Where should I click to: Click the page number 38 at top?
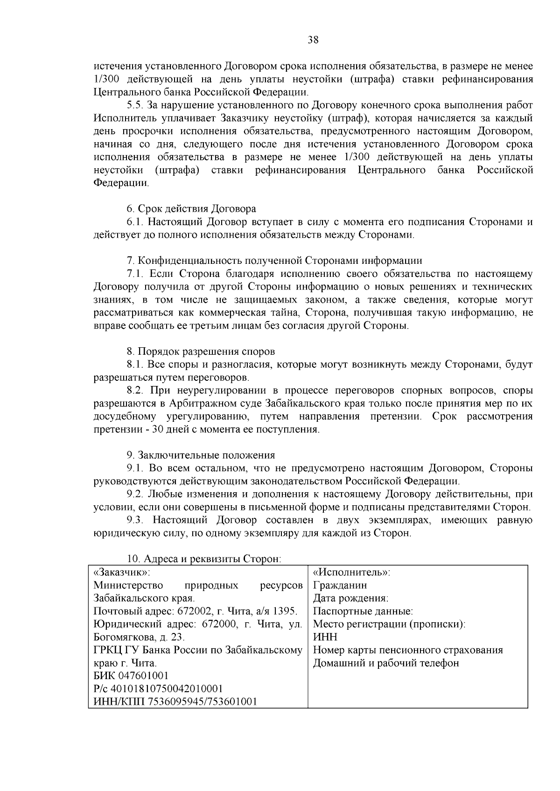coord(313,40)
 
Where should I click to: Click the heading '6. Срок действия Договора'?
coord(191,208)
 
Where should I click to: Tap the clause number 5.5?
coord(136,105)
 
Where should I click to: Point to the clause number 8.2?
coord(136,390)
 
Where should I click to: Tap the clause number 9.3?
coord(136,520)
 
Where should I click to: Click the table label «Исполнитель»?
coord(351,572)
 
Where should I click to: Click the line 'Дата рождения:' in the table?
coord(350,598)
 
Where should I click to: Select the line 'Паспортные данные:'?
coord(363,611)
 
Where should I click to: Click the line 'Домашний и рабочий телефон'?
coord(385,663)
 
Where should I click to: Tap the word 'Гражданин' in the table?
coord(340,585)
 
